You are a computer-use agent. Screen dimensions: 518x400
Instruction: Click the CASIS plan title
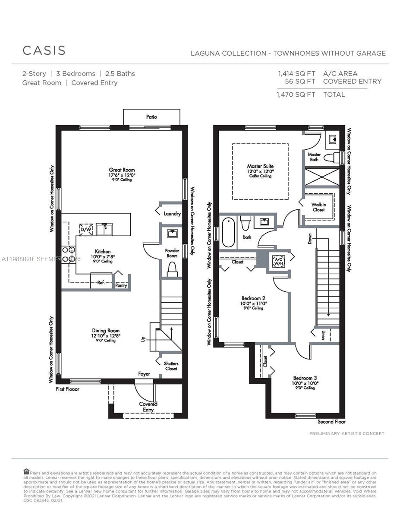coord(44,50)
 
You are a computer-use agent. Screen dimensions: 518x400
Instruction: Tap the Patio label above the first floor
coord(151,117)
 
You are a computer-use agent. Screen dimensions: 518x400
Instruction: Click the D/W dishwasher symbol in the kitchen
coord(85,230)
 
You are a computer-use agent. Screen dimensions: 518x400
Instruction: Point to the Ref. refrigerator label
coord(101,283)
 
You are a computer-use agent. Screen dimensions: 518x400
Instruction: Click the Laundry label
coord(172,214)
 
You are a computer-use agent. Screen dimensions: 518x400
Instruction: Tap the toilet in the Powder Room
coord(172,269)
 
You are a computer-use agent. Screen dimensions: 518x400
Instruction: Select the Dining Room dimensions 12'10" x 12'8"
coord(106,335)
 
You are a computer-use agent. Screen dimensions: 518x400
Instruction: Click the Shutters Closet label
coord(171,366)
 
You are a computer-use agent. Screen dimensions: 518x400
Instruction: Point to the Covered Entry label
coord(148,407)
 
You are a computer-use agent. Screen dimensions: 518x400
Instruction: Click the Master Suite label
coord(260,166)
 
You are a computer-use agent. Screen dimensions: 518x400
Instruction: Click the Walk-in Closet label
coord(318,207)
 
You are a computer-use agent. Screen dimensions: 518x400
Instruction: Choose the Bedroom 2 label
coord(253,298)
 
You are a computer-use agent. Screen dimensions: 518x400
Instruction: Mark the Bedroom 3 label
coord(306,377)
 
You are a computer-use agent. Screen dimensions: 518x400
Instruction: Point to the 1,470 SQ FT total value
coord(296,95)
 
